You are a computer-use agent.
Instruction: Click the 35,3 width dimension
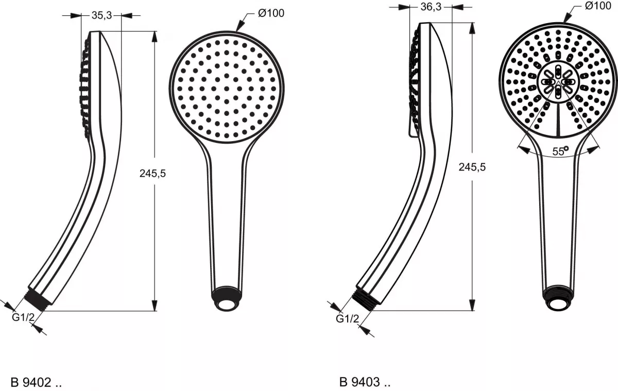(x=101, y=15)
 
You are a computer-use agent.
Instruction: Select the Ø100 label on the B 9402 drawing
(x=271, y=13)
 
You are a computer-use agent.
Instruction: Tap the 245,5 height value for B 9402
(x=152, y=174)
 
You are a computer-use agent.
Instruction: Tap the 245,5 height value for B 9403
(x=472, y=167)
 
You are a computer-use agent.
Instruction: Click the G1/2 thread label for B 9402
(x=23, y=318)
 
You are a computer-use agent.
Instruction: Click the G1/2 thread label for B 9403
(x=347, y=319)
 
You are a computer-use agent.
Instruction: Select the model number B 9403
(x=365, y=382)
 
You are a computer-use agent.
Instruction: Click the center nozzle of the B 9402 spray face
(x=226, y=88)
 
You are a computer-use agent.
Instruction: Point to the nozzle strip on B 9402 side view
(x=84, y=88)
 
